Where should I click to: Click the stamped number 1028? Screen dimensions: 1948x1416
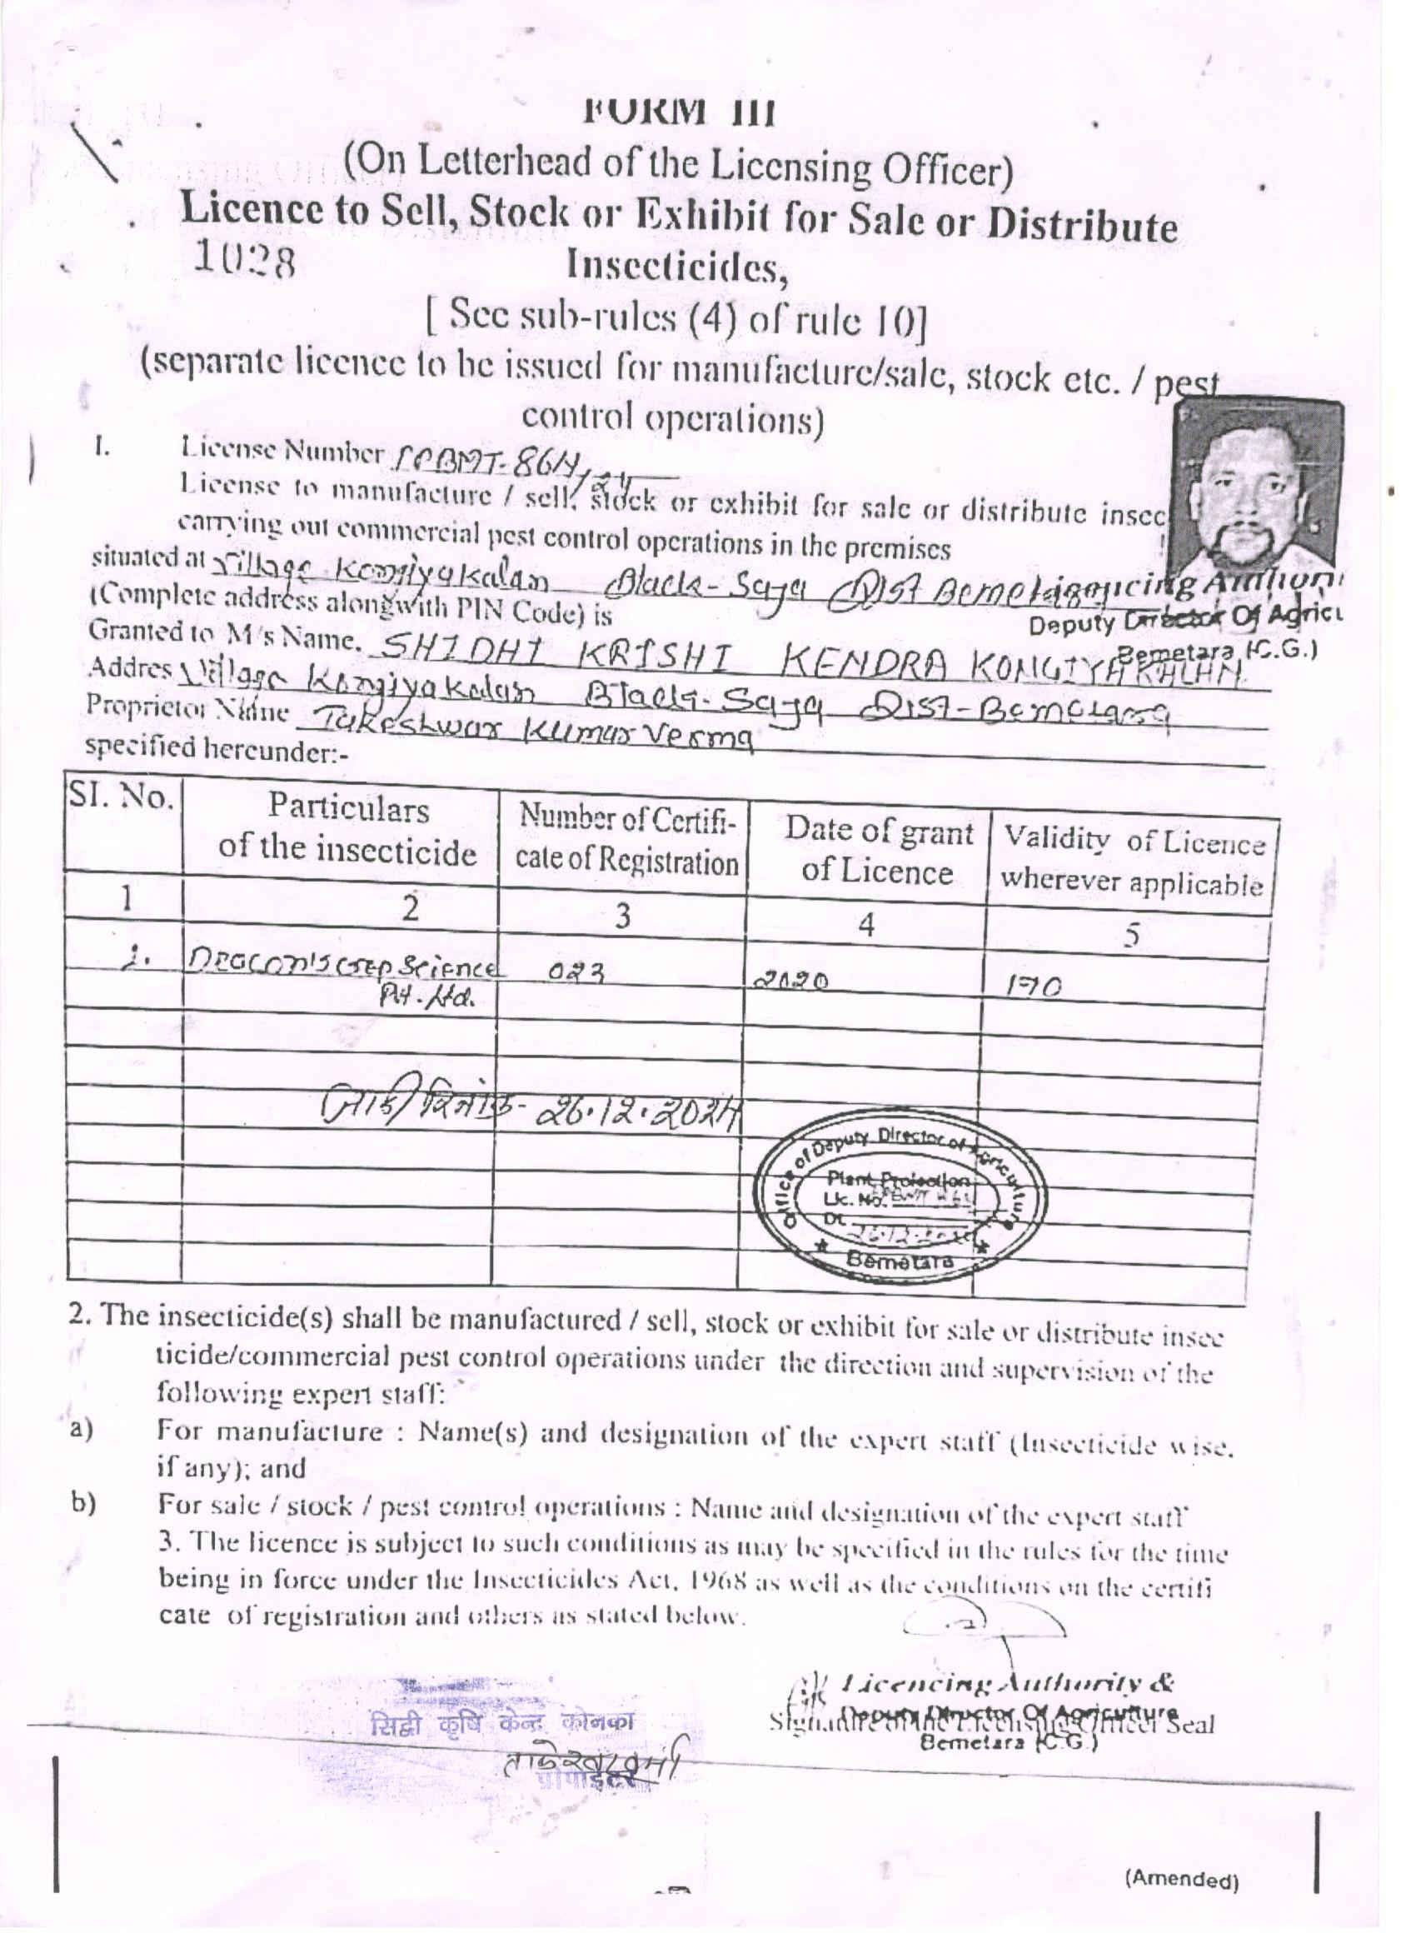tap(245, 257)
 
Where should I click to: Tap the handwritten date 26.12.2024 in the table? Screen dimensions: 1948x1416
tap(640, 1114)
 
